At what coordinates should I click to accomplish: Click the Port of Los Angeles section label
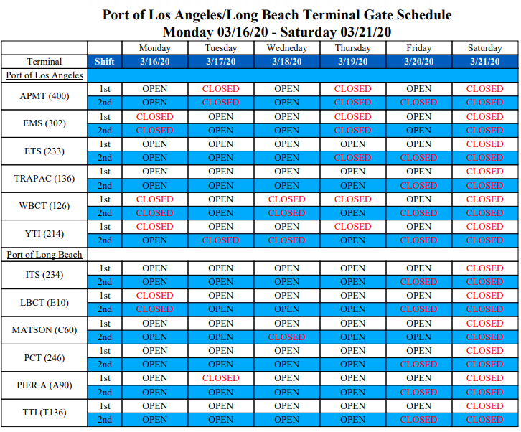point(44,75)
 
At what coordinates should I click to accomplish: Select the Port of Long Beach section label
point(44,255)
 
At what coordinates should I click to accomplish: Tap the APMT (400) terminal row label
point(44,96)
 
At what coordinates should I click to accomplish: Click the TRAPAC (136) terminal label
point(44,179)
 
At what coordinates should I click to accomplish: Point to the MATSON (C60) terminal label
point(44,330)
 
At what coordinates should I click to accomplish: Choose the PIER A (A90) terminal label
point(44,385)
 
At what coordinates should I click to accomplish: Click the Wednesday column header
point(286,48)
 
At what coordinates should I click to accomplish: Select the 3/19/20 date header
point(352,62)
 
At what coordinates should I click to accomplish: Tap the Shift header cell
point(105,62)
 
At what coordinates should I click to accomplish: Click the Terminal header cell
point(44,62)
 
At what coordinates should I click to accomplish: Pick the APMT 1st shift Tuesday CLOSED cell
point(220,89)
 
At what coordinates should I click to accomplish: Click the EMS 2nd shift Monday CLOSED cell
point(154,131)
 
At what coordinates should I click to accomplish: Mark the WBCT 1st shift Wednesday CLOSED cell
point(286,199)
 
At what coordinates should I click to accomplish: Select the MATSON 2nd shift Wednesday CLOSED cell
point(286,337)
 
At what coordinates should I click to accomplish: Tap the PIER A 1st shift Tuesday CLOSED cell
point(220,378)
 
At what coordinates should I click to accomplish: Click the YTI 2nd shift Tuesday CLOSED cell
point(220,240)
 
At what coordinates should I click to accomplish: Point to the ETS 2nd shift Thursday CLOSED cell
point(352,158)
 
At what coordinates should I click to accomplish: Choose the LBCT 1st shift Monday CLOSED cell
point(154,296)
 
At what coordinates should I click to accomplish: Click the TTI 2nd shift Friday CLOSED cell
point(418,420)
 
